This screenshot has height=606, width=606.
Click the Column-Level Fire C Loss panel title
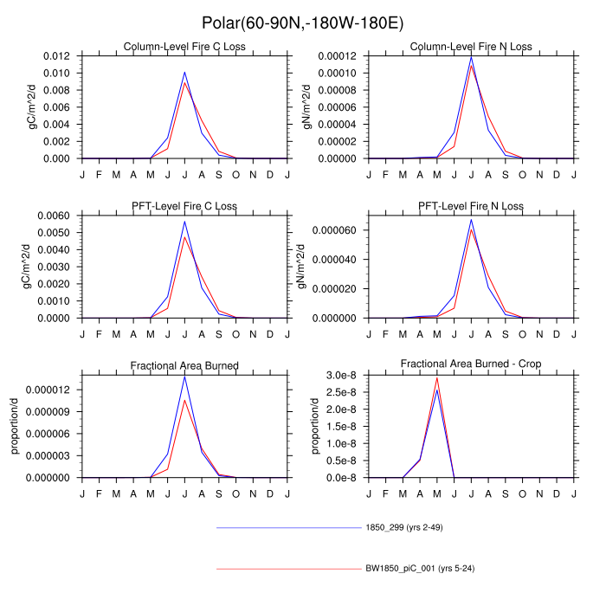(184, 46)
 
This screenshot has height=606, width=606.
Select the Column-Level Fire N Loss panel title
(472, 46)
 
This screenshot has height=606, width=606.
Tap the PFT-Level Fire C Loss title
(184, 206)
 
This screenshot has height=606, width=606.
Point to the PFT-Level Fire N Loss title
(472, 206)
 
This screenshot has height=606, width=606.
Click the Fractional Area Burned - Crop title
(472, 365)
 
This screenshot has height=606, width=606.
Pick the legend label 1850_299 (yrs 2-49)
(405, 527)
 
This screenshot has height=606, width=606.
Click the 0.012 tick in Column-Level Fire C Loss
(59, 55)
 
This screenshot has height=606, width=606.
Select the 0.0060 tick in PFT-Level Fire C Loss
(56, 216)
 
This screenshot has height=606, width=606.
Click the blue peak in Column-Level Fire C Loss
(184, 73)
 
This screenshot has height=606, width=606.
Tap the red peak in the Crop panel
(437, 377)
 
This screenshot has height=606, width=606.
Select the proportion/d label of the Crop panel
(316, 426)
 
